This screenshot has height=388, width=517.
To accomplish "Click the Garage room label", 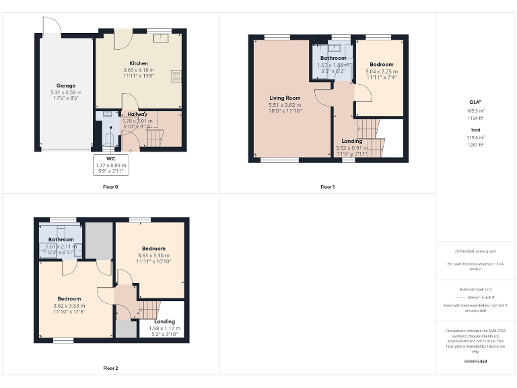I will tap(66, 86).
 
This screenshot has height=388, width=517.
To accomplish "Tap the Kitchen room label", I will tap(139, 63).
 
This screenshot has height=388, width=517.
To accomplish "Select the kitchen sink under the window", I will tap(160, 38).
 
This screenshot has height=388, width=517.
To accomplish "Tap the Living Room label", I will tap(283, 98).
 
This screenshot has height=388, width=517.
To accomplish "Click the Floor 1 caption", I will tap(327, 187).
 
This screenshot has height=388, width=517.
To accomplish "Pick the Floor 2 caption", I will tap(110, 368).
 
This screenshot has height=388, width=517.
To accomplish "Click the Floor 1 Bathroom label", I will tap(333, 59).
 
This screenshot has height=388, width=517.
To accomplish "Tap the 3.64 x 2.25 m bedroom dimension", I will tap(381, 71).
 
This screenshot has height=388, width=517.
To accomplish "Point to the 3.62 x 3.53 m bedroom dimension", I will tap(69, 306).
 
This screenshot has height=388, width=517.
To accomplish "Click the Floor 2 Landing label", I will tap(164, 321).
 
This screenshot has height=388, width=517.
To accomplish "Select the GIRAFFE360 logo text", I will tap(476, 362).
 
